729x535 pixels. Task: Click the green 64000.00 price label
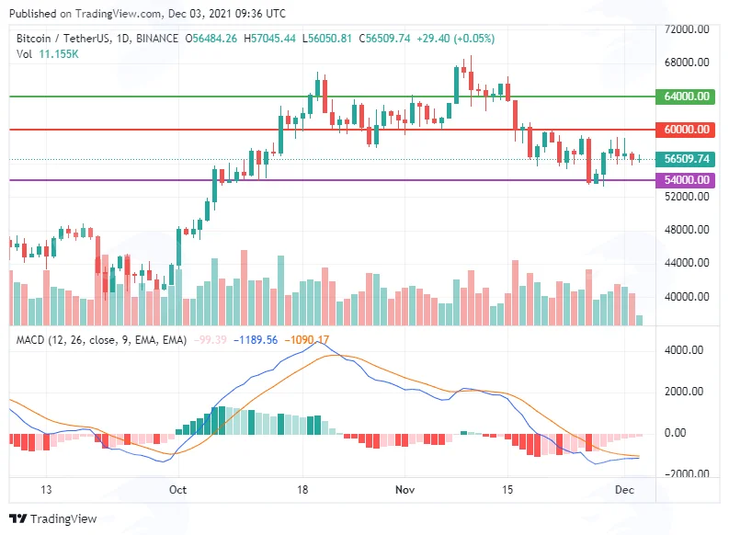tap(685, 97)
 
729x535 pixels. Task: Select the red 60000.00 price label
tap(685, 130)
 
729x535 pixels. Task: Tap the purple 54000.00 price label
tap(685, 180)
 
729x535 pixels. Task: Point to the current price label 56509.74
tap(685, 159)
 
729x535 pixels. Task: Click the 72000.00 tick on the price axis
tap(687, 29)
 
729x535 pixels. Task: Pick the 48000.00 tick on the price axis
tap(687, 230)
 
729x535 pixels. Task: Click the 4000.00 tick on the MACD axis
tap(683, 350)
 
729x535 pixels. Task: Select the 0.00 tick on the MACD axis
tap(675, 433)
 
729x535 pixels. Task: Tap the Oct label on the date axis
tap(177, 489)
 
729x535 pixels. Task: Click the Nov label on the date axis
tap(404, 489)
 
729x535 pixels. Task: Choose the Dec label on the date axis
tap(624, 489)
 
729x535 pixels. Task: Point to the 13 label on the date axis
tap(46, 489)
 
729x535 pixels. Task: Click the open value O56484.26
tap(211, 39)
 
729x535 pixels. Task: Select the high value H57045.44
tap(269, 39)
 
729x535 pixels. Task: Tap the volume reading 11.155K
tap(59, 54)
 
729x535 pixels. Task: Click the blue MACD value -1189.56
tap(256, 340)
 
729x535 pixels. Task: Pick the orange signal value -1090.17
tap(306, 340)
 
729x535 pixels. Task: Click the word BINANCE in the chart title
tap(157, 39)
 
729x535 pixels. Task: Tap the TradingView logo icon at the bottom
tap(18, 518)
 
